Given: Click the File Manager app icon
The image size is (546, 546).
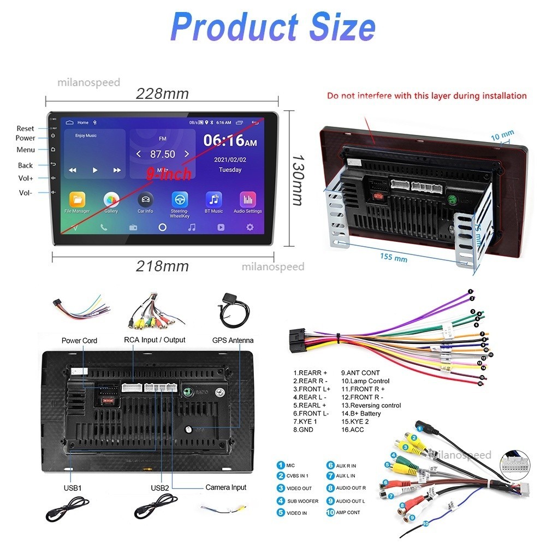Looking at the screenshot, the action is click(77, 200).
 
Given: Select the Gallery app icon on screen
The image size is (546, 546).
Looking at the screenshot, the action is click(111, 200).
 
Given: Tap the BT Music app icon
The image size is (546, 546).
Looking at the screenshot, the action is click(213, 200).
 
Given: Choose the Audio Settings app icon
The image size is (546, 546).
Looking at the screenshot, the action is click(247, 200).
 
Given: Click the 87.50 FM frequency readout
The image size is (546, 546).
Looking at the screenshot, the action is click(163, 155).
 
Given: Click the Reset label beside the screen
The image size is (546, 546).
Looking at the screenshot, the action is click(25, 129).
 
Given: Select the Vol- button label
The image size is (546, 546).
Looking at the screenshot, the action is click(26, 193).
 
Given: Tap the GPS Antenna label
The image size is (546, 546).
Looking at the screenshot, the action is click(233, 340).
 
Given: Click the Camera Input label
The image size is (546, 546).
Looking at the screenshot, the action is click(225, 487).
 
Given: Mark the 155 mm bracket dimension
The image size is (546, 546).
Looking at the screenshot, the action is click(394, 257).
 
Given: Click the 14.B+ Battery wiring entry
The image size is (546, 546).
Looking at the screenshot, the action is click(361, 413).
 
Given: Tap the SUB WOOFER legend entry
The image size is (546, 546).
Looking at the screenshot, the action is click(302, 501).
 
